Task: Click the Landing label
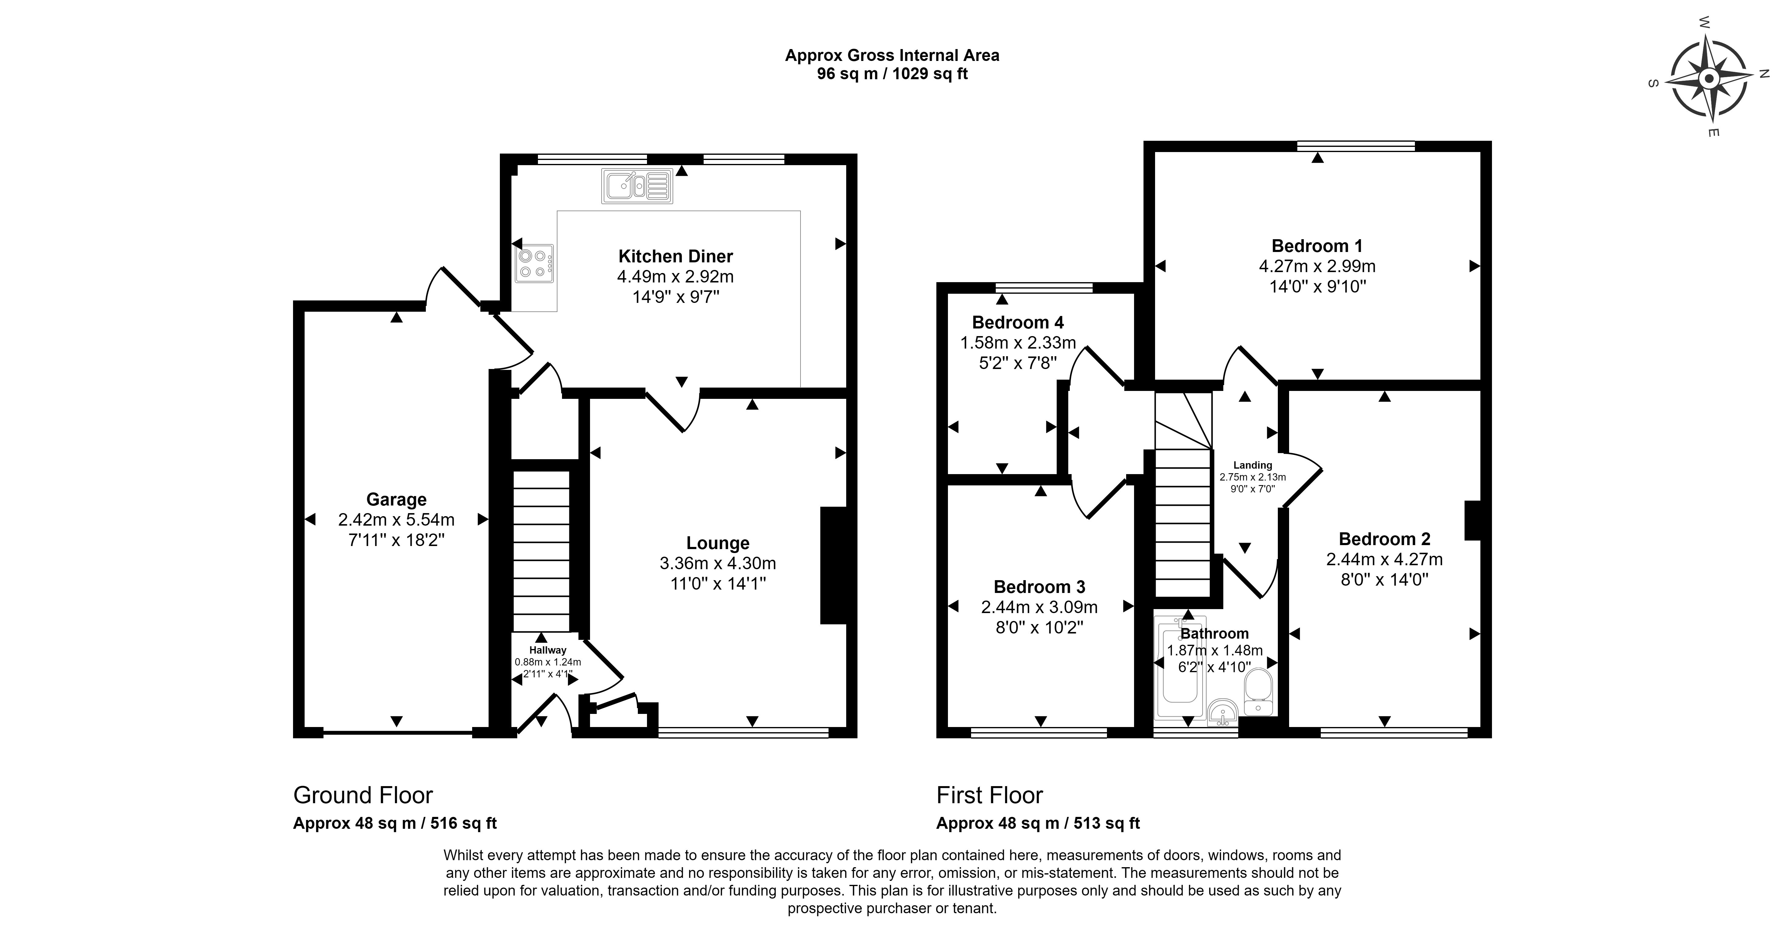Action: coord(1252,465)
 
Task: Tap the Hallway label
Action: coord(547,650)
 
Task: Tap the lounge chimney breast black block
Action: coord(834,565)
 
